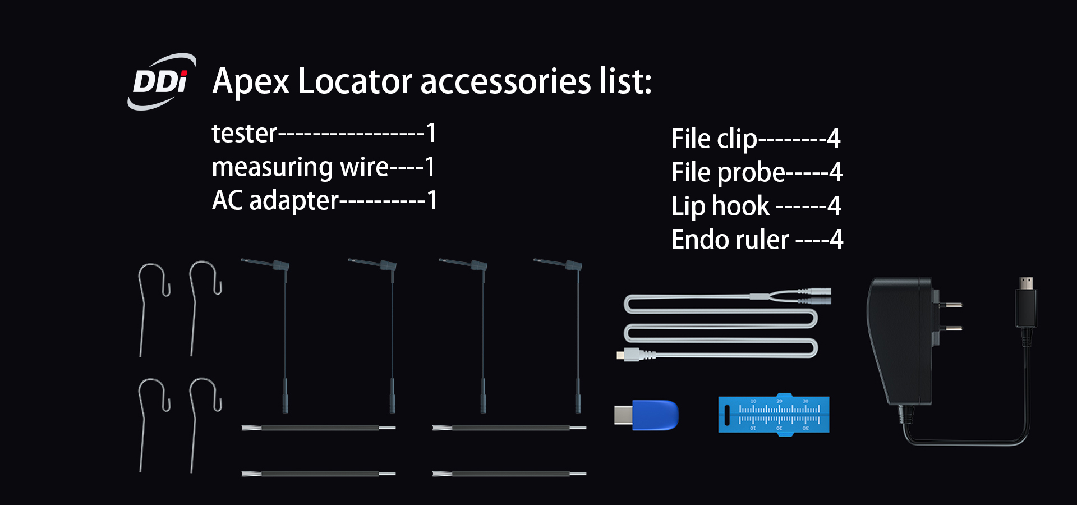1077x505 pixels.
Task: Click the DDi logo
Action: coord(161,82)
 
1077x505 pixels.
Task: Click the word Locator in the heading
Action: coord(355,82)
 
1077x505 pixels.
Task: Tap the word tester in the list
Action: coord(244,134)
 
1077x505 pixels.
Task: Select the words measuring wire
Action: coord(300,167)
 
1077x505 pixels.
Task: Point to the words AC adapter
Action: coord(275,201)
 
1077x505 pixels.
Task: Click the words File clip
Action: coord(714,139)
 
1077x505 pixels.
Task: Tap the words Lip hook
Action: coord(720,206)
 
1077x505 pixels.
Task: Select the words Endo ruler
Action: coord(730,240)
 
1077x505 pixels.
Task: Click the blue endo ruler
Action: coord(774,415)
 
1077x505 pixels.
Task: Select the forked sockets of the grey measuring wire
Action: coord(813,296)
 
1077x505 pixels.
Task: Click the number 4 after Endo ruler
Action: coord(836,240)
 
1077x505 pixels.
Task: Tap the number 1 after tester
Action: coord(431,134)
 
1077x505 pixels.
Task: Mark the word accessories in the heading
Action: coord(505,82)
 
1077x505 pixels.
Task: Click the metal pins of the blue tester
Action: coord(623,415)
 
